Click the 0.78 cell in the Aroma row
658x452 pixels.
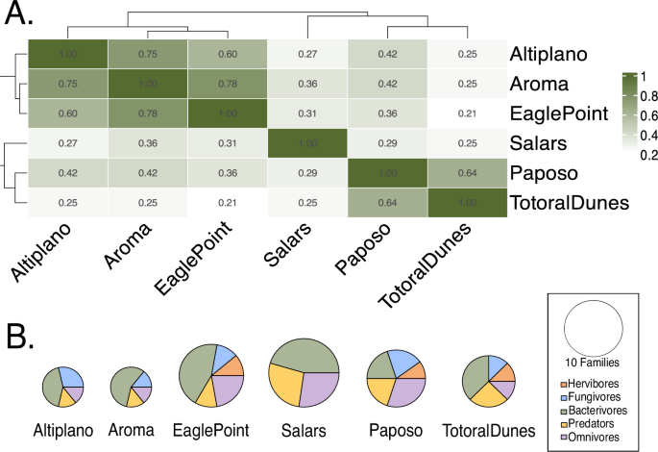pyautogui.click(x=228, y=84)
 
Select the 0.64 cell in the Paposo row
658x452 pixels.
pyautogui.click(x=468, y=174)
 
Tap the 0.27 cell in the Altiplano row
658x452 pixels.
pyautogui.click(x=307, y=54)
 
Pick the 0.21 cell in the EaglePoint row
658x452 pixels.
pyautogui.click(x=468, y=113)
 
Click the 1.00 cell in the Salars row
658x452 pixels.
pyautogui.click(x=307, y=143)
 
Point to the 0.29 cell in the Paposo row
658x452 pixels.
pyautogui.click(x=307, y=174)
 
